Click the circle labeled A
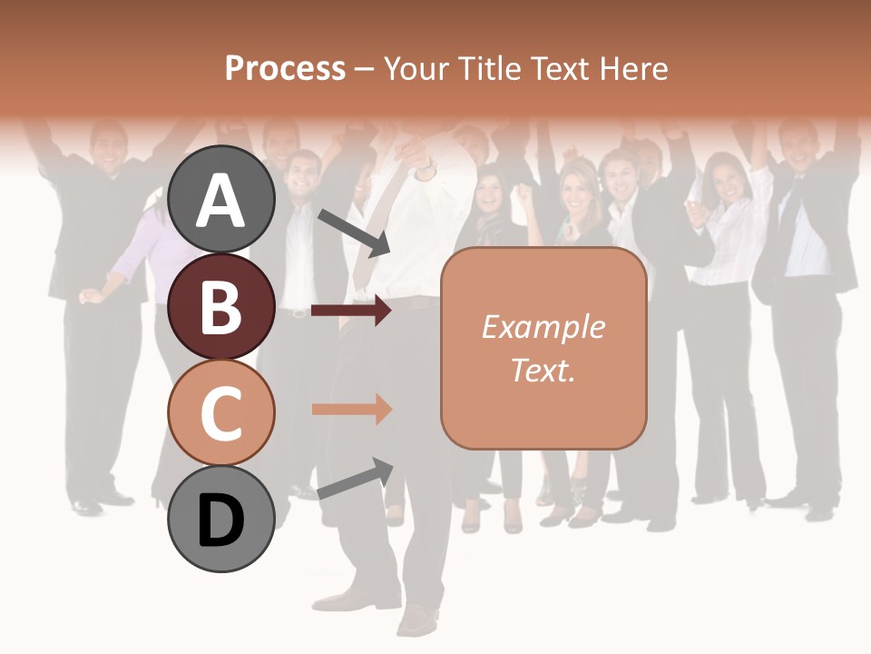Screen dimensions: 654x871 click(x=221, y=200)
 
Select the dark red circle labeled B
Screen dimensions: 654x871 click(x=221, y=306)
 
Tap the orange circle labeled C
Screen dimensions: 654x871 click(x=221, y=412)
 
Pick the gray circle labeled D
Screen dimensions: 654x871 click(x=221, y=519)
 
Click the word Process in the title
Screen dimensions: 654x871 click(x=285, y=68)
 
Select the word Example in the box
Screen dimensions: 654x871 click(x=543, y=327)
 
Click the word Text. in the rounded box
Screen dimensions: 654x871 click(x=543, y=370)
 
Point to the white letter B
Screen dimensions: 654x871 click(x=221, y=306)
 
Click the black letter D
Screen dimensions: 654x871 click(x=221, y=522)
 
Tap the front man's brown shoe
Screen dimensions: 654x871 click(x=417, y=621)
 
